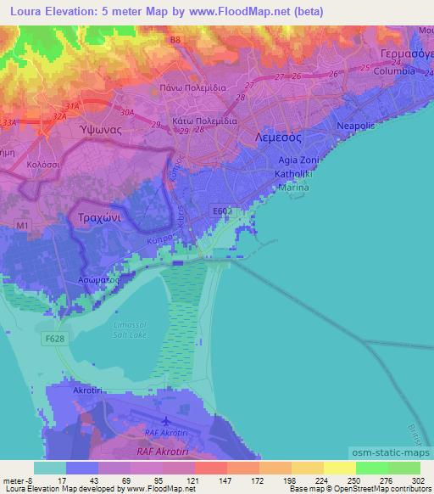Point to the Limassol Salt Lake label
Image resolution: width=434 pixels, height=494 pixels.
click(130, 329)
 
